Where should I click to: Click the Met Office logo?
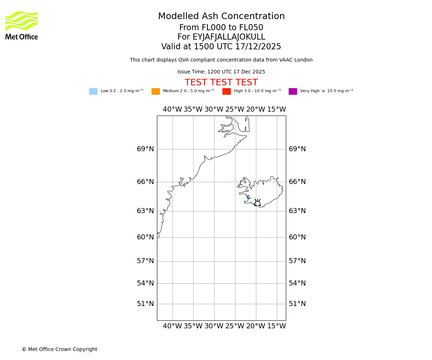pos(22,25)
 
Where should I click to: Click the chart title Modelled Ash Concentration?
pos(221,17)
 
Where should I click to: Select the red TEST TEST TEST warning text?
pos(221,83)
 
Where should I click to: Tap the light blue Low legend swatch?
pos(93,91)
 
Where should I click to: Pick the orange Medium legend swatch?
pos(156,91)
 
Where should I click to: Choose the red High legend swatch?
pos(226,91)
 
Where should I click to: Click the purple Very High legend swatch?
pos(293,91)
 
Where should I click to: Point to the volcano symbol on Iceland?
pos(257,203)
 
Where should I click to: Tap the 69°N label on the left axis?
pos(145,149)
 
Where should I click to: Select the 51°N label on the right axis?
pos(297,304)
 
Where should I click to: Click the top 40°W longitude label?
pos(172,109)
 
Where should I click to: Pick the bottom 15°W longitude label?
pos(276,326)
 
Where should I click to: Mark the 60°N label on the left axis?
pos(145,237)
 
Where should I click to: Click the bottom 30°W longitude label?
pos(214,326)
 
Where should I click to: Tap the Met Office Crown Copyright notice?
pos(59,350)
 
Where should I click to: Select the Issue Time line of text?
pos(221,72)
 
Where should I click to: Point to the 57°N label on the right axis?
pos(297,261)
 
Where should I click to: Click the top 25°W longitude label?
pos(235,109)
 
